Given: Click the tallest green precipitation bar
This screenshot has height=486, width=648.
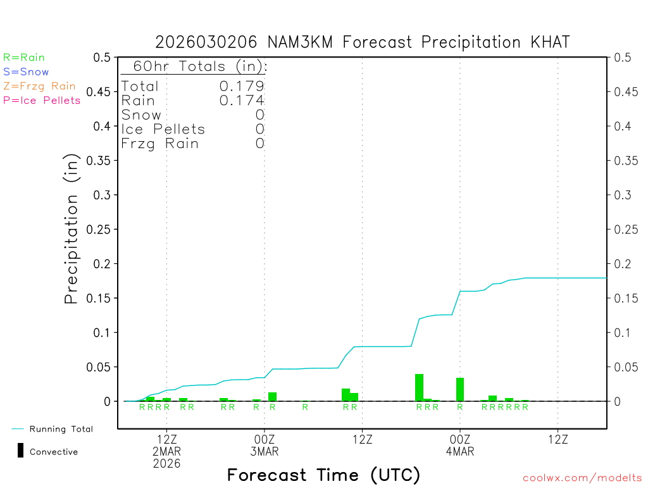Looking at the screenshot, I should pyautogui.click(x=419, y=387).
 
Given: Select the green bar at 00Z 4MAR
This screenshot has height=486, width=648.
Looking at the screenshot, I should pyautogui.click(x=460, y=389).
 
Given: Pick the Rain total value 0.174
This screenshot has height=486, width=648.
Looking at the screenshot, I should pyautogui.click(x=242, y=101).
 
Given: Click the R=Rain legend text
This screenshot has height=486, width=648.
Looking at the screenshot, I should pyautogui.click(x=24, y=58).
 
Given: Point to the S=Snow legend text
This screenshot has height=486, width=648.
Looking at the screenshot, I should pyautogui.click(x=26, y=72).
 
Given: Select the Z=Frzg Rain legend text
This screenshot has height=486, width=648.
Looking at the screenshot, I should pyautogui.click(x=39, y=86).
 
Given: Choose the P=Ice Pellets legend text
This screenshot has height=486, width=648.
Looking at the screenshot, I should pyautogui.click(x=42, y=100).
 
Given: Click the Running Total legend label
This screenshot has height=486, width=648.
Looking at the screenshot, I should pyautogui.click(x=61, y=429).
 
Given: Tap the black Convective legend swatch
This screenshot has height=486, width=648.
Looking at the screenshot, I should pyautogui.click(x=20, y=451).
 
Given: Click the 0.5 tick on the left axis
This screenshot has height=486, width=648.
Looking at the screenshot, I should pyautogui.click(x=102, y=58).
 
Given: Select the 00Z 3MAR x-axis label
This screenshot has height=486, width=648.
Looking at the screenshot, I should pyautogui.click(x=265, y=445).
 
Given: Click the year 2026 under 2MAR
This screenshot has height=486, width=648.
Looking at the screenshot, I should pyautogui.click(x=166, y=464).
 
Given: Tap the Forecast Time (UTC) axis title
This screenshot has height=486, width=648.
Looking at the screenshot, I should pyautogui.click(x=323, y=475).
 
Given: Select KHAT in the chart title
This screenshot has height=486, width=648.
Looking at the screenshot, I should pyautogui.click(x=549, y=42).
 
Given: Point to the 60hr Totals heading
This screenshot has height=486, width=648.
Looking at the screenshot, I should pyautogui.click(x=194, y=66).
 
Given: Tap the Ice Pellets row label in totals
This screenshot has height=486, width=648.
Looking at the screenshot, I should pyautogui.click(x=163, y=129).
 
